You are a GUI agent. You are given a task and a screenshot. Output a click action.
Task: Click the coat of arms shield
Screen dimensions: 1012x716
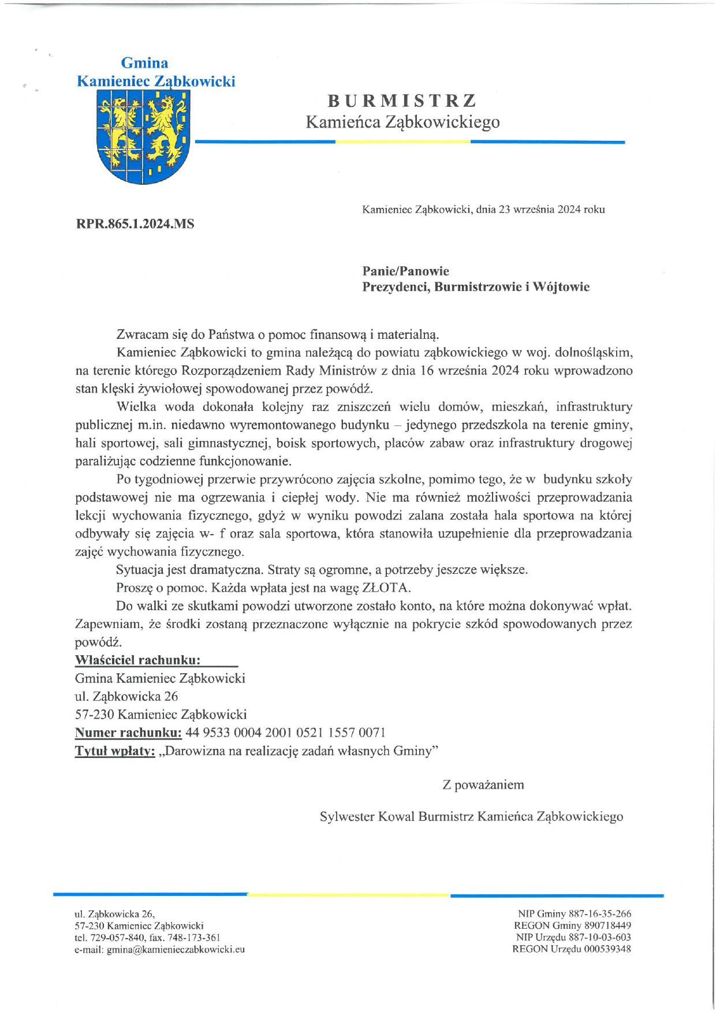tap(142, 139)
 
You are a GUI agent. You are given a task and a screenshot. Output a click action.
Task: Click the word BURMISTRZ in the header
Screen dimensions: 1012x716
tap(402, 101)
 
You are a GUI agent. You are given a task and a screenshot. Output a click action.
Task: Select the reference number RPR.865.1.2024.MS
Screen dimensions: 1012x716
tap(135, 224)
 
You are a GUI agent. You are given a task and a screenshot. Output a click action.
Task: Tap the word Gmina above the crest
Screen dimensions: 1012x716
tap(144, 63)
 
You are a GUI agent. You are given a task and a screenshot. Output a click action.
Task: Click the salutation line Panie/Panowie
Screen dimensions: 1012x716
tap(405, 271)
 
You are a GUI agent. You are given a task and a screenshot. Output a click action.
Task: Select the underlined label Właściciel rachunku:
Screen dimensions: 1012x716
tap(138, 660)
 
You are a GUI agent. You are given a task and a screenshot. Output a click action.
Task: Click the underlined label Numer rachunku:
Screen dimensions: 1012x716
tap(128, 733)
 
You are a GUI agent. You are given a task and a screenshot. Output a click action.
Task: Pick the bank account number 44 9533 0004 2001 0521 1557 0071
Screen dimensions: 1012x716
tap(285, 733)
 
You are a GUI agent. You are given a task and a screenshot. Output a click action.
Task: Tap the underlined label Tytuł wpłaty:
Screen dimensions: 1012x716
tap(115, 751)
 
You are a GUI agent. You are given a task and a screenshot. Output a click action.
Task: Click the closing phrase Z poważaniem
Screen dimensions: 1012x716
tap(483, 785)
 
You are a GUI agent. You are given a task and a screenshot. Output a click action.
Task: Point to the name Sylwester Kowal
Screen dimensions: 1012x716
tap(367, 816)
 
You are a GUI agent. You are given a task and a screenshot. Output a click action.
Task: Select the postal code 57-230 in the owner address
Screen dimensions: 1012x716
tap(95, 714)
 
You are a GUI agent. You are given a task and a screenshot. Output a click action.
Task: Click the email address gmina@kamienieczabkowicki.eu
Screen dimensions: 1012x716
tap(176, 949)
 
